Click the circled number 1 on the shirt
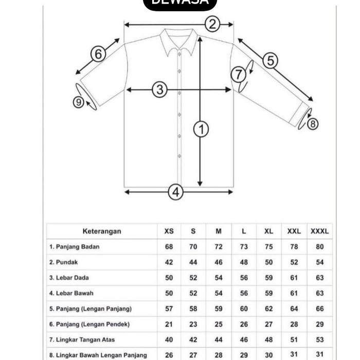coord(201,129)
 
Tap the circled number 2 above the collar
coord(212,24)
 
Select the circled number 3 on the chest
coord(160,89)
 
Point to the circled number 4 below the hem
coord(176,192)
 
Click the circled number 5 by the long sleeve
coord(270,61)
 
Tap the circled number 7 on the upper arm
coord(238,75)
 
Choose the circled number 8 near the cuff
coord(312,123)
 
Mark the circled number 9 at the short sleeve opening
coord(78,102)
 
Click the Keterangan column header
coord(102,231)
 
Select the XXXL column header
coord(319,231)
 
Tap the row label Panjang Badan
coord(75,247)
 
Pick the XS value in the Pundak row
coord(169,262)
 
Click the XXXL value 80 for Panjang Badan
coord(319,247)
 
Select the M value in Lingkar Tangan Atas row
coord(219,339)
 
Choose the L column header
coord(244,231)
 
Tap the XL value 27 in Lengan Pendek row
coord(268,324)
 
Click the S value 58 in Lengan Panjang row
coord(193,309)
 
